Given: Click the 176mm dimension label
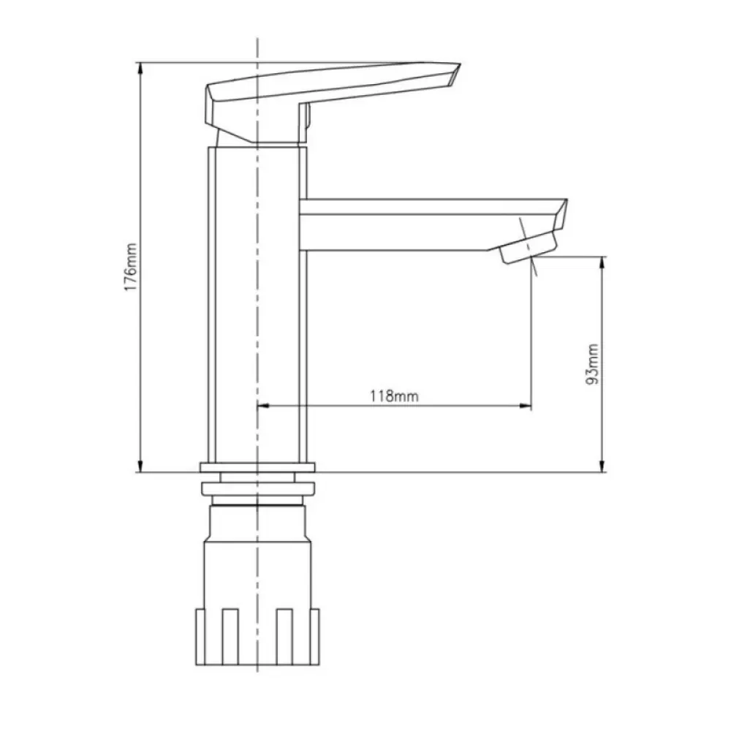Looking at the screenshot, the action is (131, 267).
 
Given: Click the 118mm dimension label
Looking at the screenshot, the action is (395, 396).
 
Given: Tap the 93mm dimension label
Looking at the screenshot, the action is (591, 364).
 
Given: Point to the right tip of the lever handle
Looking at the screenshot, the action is (460, 64).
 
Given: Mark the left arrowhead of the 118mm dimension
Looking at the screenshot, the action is (264, 406).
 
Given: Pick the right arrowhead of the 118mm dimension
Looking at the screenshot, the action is (525, 406).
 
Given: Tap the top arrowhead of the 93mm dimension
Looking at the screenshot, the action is (602, 262).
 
